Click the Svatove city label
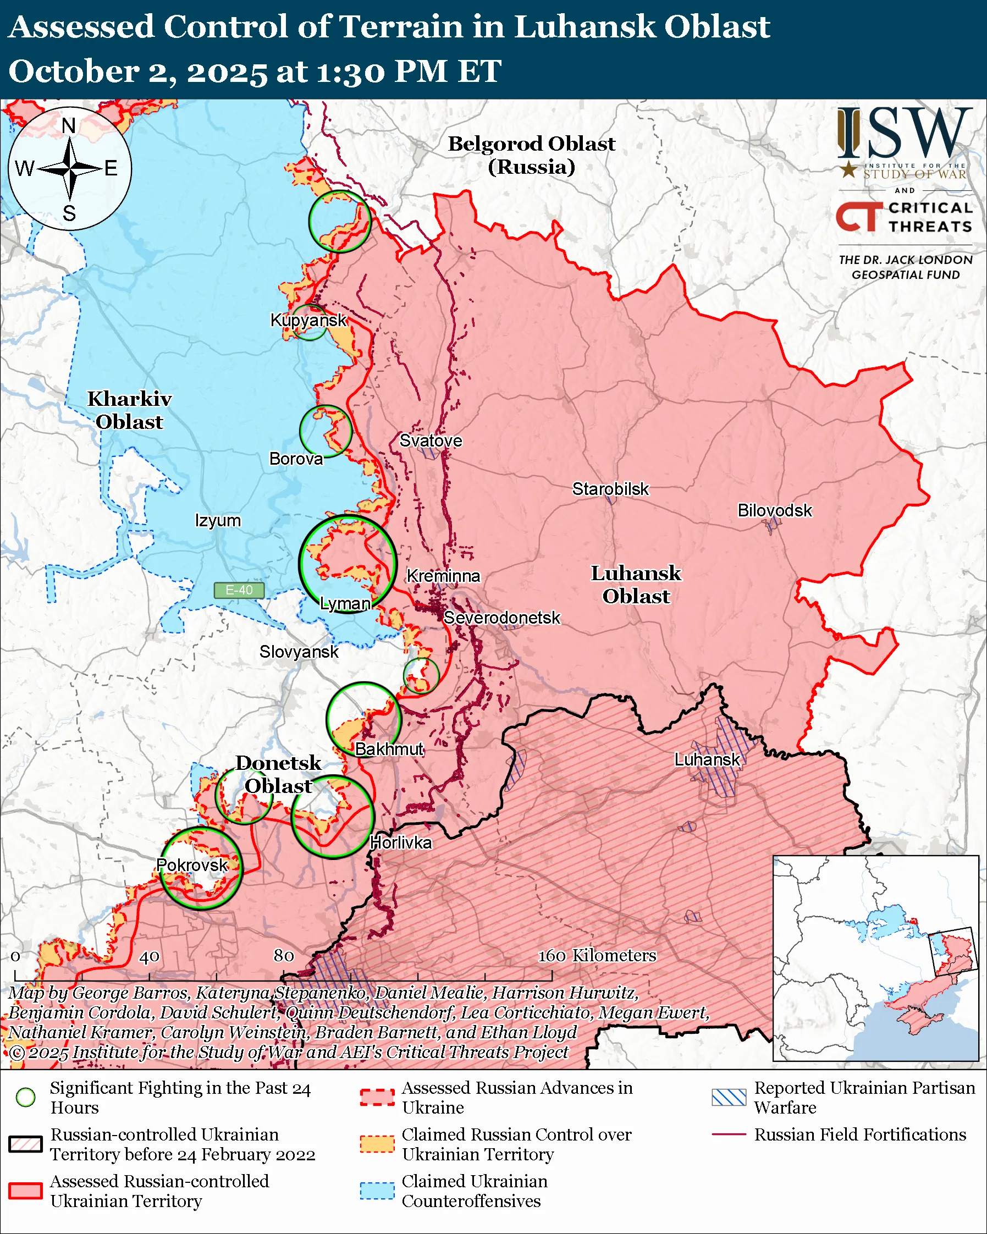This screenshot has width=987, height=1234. point(431,440)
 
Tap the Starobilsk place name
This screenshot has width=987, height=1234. point(610,489)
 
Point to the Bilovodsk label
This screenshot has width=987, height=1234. point(774,510)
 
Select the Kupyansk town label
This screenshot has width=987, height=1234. point(308,320)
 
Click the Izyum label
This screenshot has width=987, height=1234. point(217,521)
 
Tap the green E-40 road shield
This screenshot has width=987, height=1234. point(239,590)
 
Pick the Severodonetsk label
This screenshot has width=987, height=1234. point(502,618)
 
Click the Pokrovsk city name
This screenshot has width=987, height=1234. point(192,865)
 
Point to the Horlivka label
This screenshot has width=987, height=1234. point(400,842)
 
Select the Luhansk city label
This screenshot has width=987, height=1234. point(707,759)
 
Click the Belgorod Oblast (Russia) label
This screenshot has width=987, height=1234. point(531,155)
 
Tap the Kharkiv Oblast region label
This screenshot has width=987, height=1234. point(129,410)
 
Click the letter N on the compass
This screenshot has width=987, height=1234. point(69,126)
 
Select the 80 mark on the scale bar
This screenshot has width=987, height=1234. point(284,956)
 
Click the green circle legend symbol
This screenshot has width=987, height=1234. point(26,1097)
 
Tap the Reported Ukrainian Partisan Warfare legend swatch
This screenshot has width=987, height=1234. point(729,1097)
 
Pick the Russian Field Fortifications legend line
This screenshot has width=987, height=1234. point(729,1134)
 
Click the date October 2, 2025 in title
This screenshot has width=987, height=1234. point(137,72)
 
